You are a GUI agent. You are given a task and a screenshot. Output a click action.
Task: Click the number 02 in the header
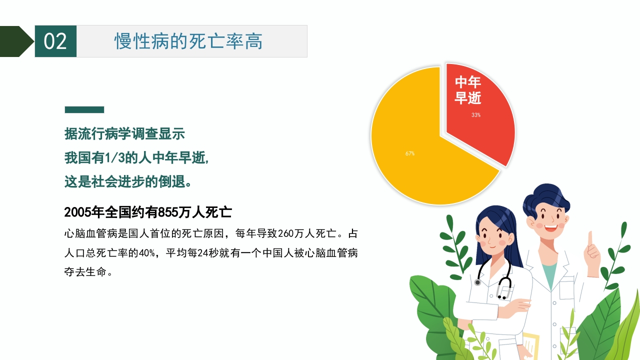55,41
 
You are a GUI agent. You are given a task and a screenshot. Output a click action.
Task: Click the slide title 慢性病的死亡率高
188,41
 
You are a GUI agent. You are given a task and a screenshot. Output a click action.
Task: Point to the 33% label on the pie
475,115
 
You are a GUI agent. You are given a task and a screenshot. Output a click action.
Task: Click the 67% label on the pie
409,153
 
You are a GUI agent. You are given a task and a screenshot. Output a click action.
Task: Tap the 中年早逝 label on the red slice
467,90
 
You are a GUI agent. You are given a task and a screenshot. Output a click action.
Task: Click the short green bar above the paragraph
84,109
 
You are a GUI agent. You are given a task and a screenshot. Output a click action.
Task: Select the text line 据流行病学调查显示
124,133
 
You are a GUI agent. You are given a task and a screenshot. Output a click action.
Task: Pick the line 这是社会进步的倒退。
128,181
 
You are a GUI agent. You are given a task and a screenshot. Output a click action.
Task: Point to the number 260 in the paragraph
285,233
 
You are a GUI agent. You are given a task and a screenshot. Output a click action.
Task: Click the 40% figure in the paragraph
147,253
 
